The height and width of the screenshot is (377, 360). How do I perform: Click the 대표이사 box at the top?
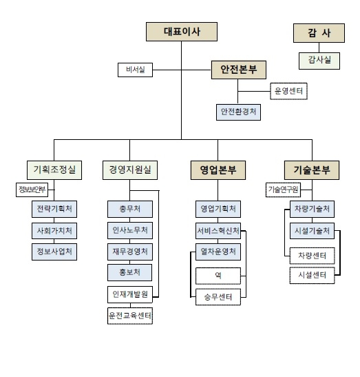[x=181, y=32]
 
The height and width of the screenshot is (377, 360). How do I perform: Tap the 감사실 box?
[x=319, y=61]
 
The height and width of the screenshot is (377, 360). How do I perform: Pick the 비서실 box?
[x=135, y=69]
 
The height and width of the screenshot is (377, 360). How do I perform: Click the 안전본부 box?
[x=238, y=69]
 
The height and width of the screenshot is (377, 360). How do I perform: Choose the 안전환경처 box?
[x=237, y=111]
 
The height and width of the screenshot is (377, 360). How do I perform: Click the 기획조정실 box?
[x=54, y=169]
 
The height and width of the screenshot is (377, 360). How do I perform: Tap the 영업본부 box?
[x=218, y=169]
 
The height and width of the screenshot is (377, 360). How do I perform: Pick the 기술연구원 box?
[x=283, y=190]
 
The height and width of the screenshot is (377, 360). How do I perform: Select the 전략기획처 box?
[x=55, y=209]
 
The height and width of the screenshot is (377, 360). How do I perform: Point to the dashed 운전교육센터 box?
[x=129, y=316]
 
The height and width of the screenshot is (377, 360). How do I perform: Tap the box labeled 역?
[x=218, y=275]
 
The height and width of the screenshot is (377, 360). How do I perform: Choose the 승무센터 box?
[x=218, y=298]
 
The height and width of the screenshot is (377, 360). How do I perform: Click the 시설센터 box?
[x=311, y=276]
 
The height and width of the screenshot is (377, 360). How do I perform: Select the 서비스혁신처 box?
[x=218, y=230]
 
